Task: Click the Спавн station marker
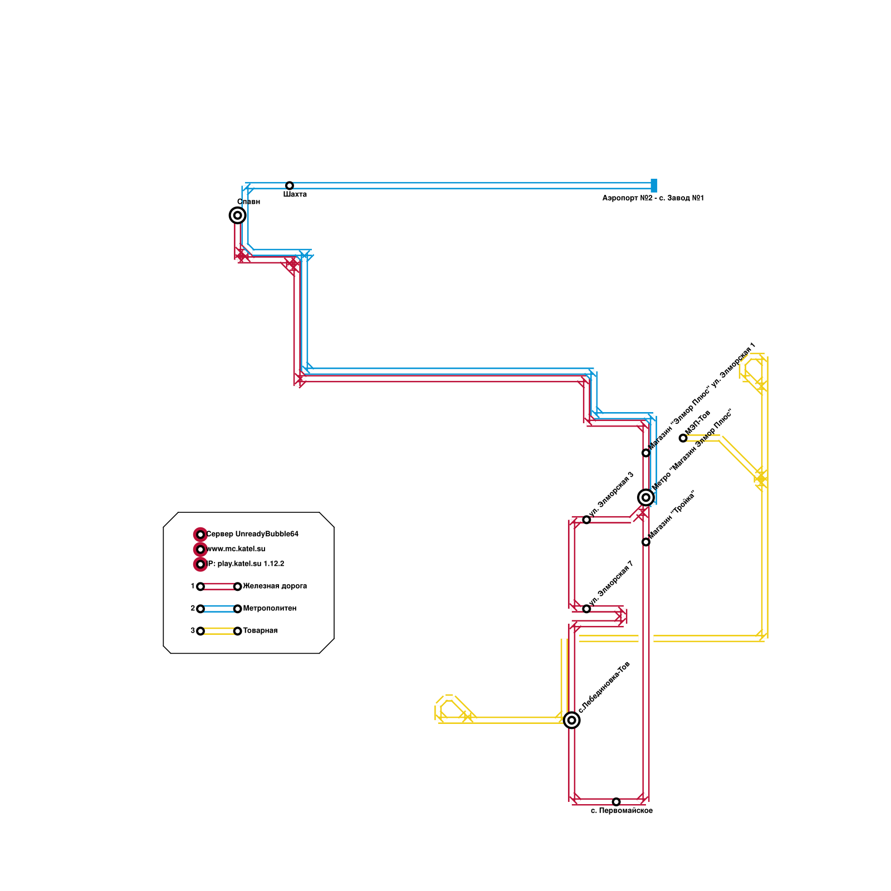pos(237,215)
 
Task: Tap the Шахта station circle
pos(290,185)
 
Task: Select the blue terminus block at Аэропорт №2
pos(654,185)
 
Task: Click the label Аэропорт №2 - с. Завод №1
pos(653,198)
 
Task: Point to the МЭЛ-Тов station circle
pos(683,438)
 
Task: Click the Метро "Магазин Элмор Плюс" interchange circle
pos(645,497)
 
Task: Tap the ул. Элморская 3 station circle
pos(586,520)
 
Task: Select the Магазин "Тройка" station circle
pos(646,542)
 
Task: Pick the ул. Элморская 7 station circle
pos(586,609)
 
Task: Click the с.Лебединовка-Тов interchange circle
pos(571,720)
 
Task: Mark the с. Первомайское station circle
pos(616,802)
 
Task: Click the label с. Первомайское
pos(621,811)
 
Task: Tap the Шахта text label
pos(295,195)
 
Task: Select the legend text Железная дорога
pos(275,586)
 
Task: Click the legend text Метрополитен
pos(270,609)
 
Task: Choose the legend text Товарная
pos(260,631)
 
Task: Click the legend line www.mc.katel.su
pos(236,549)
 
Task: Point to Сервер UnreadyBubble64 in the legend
pos(252,535)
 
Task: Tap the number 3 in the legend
pos(193,631)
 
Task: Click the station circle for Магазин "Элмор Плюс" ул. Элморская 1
pos(646,453)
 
